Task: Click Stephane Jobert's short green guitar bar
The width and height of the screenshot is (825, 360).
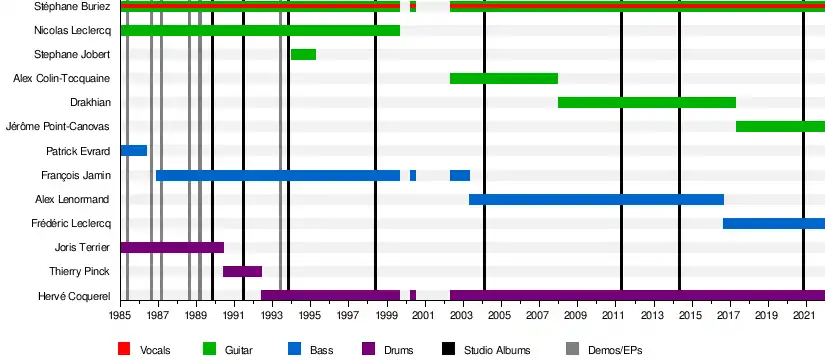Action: coord(304,54)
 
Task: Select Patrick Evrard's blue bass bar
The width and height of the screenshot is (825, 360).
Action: coord(134,151)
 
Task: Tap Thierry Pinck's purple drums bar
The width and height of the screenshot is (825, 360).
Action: coord(243,272)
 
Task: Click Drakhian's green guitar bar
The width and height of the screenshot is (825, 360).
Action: coord(647,103)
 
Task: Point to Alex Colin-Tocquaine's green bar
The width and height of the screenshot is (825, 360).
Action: coord(504,78)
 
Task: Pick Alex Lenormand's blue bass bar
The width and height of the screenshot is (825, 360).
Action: coord(596,199)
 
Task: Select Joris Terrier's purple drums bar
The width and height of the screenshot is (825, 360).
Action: coord(173,247)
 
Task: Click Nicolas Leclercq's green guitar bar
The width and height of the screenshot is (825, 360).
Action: coord(260,30)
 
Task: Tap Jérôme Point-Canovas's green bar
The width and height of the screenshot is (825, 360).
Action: coord(780,126)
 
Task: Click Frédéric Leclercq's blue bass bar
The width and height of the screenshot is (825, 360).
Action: coord(774,224)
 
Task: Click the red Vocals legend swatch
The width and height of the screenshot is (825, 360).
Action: coord(124,349)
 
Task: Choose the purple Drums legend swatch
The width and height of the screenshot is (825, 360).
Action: coord(368,349)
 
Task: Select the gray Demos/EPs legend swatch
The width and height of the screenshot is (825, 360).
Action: coord(572,349)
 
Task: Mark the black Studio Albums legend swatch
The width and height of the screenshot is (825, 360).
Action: coord(448,349)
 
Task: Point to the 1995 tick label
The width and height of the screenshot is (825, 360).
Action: coord(310,315)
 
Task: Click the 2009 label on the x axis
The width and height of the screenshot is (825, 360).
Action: coord(578,315)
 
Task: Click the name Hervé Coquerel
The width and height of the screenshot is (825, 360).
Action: coord(74,296)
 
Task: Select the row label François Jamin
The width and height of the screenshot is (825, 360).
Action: coord(76,175)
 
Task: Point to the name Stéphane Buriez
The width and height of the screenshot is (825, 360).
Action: coord(73,7)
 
